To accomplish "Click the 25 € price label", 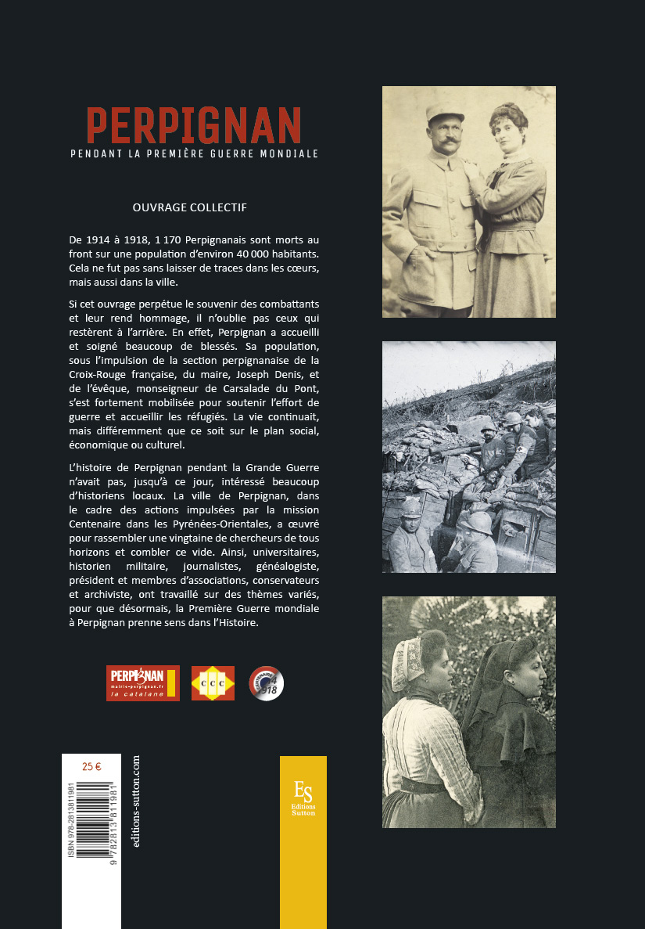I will coord(91,766).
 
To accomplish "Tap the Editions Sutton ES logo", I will coord(303,798).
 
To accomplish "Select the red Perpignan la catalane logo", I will coord(142,682).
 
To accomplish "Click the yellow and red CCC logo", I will coord(213,682).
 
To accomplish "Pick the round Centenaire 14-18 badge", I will coord(266,682).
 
